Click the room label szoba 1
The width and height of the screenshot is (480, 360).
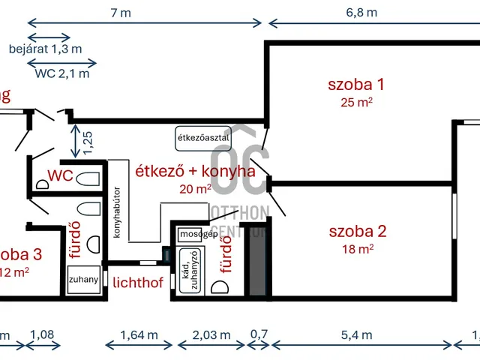tap(356, 84)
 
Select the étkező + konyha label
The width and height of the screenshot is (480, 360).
tap(194, 171)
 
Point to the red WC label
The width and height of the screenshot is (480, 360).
tap(60, 176)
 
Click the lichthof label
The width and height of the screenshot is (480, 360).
tap(137, 283)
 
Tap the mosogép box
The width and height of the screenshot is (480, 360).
tap(198, 234)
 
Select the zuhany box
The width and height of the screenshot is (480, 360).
tap(82, 280)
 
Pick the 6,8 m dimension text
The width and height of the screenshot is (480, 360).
tap(361, 12)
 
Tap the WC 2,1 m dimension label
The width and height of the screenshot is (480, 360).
tap(61, 73)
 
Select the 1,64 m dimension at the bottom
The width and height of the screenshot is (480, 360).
tap(139, 335)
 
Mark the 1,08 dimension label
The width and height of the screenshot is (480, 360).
tap(42, 335)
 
